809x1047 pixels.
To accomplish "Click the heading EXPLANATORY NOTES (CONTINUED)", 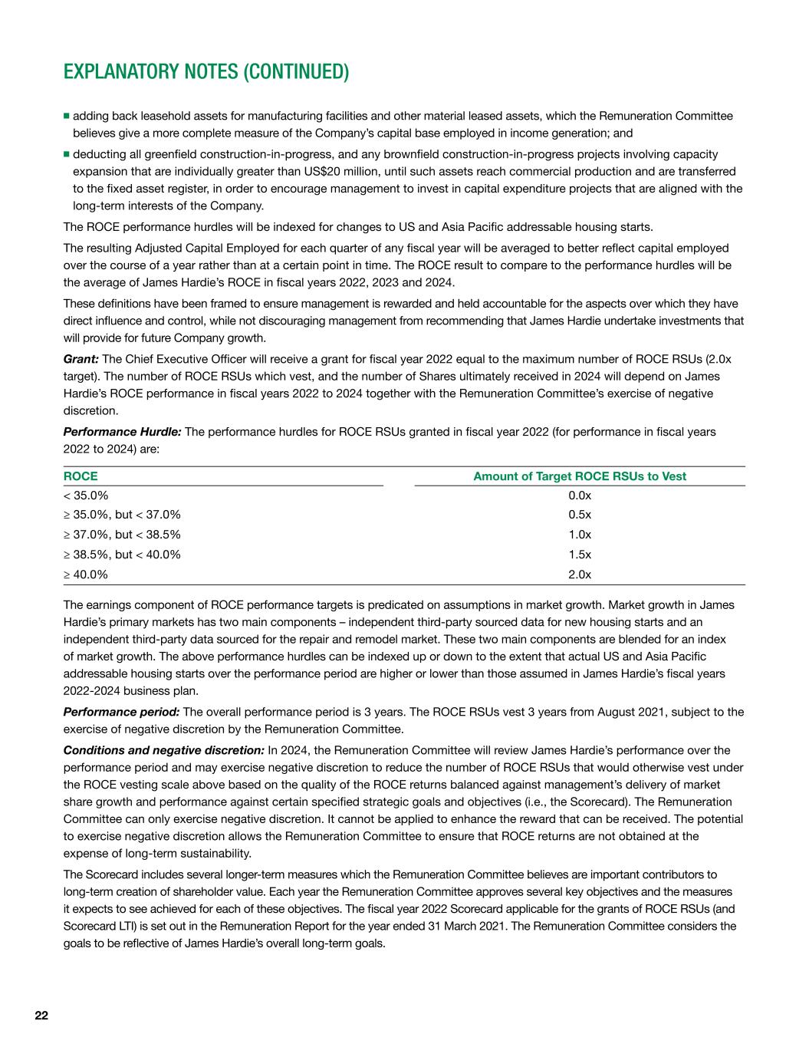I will coord(206,72).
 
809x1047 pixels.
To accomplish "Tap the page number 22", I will coord(41,1016).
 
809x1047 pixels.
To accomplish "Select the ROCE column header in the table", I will coord(80,476).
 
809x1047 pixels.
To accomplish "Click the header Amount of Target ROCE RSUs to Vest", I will coord(580,476).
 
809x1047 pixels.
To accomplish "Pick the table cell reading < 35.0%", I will coord(85,496).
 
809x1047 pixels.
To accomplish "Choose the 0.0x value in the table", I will coord(580,496).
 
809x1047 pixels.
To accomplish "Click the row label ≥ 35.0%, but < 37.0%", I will coord(122,515).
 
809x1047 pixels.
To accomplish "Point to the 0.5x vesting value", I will coord(580,515).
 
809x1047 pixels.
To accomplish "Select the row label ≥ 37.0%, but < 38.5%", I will coord(122,535).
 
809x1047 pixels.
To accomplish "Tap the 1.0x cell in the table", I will coord(580,535).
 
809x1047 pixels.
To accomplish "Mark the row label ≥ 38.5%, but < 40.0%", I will coord(122,555).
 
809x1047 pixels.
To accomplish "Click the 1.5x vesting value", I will coord(580,555).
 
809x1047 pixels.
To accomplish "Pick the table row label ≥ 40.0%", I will coord(85,574).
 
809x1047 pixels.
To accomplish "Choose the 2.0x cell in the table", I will coord(580,574).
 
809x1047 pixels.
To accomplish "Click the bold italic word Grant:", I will coord(81,360).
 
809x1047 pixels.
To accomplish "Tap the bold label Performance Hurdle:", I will coord(123,432).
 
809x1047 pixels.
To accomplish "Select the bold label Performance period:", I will coord(121,712).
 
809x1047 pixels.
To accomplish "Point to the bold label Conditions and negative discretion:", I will coord(163,750).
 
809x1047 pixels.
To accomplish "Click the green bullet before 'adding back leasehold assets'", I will coord(67,117).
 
